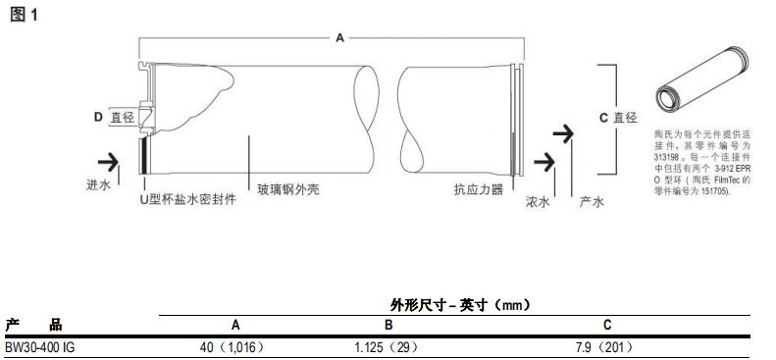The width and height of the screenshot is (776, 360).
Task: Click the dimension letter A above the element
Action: [339, 37]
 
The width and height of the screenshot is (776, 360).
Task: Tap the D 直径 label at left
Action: [113, 117]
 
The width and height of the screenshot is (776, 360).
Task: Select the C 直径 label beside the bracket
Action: [618, 117]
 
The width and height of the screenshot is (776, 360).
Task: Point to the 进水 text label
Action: [97, 182]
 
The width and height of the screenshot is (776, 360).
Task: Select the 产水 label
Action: [591, 202]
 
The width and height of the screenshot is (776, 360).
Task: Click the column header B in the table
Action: [388, 325]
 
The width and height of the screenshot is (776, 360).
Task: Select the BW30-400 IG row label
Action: [40, 346]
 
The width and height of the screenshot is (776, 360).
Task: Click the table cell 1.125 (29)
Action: [388, 346]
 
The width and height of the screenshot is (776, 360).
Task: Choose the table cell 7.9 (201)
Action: [605, 346]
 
